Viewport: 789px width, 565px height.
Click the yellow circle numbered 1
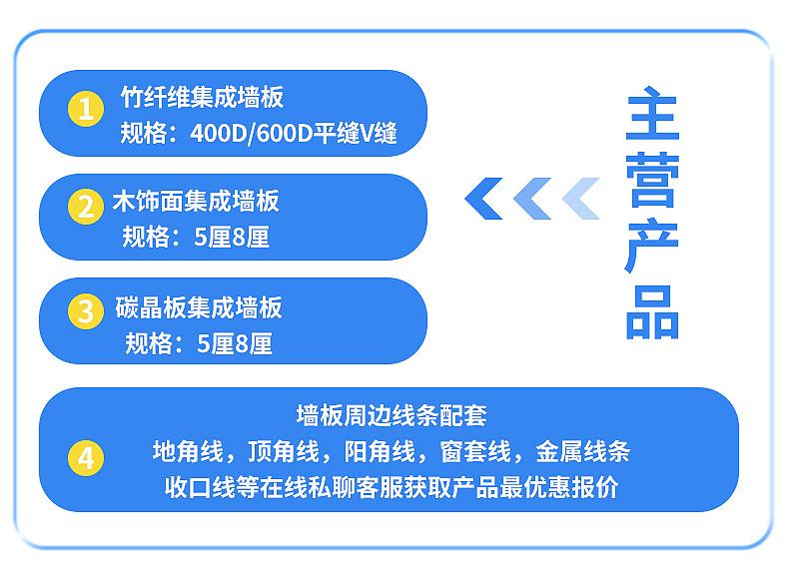[86, 108]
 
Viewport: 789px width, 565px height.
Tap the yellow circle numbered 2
[86, 207]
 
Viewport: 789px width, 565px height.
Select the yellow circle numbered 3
[86, 310]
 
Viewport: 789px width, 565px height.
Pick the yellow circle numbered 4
[86, 458]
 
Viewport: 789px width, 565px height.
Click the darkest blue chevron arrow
[483, 199]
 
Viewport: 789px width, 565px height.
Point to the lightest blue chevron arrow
[580, 199]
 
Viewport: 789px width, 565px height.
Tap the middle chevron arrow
[532, 199]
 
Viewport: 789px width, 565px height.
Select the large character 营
[652, 180]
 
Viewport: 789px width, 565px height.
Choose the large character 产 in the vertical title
[652, 247]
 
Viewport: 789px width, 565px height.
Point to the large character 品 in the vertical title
[652, 312]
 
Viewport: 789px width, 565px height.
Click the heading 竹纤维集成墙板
[203, 97]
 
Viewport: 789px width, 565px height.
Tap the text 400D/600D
[252, 134]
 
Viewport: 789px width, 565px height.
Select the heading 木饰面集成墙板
[196, 202]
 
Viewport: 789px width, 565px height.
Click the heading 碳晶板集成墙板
[199, 307]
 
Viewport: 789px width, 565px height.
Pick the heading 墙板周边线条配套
[392, 415]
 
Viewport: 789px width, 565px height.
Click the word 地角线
[188, 451]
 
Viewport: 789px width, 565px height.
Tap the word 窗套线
[475, 451]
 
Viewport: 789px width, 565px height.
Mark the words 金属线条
[582, 451]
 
